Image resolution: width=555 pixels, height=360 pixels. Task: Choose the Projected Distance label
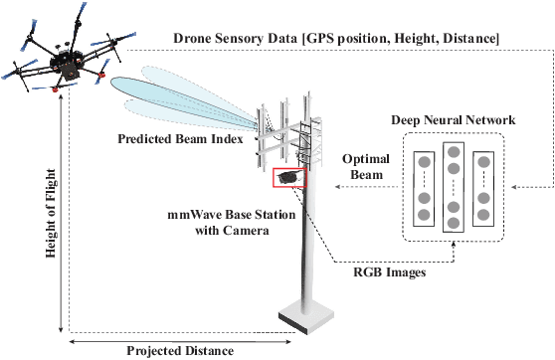click(179, 350)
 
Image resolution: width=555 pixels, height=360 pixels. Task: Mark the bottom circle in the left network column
click(423, 215)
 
